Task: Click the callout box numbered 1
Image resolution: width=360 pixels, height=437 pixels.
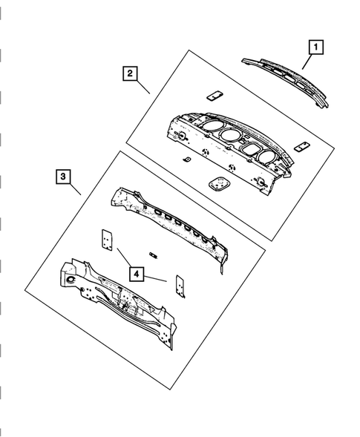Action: click(315, 47)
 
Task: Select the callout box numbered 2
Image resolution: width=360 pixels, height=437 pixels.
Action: click(129, 73)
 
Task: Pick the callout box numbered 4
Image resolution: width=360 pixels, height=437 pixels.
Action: click(136, 273)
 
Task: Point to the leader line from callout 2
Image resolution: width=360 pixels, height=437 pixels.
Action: click(143, 88)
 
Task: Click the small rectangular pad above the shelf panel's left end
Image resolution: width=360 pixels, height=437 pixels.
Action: click(215, 95)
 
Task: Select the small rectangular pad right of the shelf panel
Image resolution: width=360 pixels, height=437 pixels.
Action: click(301, 146)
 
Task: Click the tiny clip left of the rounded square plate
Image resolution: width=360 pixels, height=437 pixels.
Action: click(186, 160)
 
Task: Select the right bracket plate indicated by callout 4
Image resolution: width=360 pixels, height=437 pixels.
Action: click(178, 284)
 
